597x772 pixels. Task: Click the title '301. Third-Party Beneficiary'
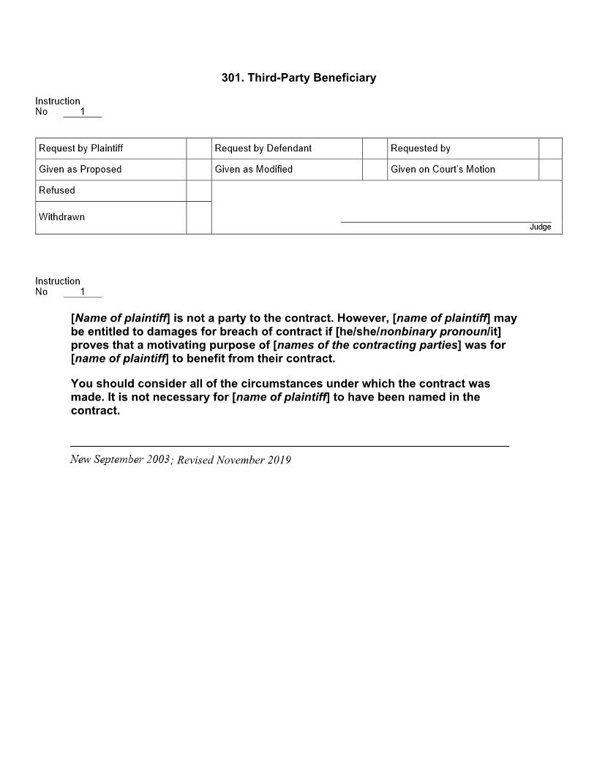pyautogui.click(x=298, y=77)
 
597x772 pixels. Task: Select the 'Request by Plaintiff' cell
pyautogui.click(x=81, y=148)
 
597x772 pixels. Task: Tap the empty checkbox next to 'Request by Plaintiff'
pyautogui.click(x=198, y=148)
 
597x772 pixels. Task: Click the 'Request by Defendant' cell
pyautogui.click(x=263, y=148)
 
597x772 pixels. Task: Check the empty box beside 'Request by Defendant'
pyautogui.click(x=375, y=148)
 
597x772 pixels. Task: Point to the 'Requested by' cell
pyautogui.click(x=421, y=148)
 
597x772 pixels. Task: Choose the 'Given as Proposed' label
pyautogui.click(x=80, y=170)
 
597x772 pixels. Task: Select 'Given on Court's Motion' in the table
pyautogui.click(x=443, y=170)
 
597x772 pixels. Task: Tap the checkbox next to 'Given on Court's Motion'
pyautogui.click(x=550, y=170)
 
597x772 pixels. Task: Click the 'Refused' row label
pyautogui.click(x=57, y=191)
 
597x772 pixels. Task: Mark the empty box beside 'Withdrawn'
pyautogui.click(x=198, y=218)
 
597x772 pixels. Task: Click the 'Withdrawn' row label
pyautogui.click(x=61, y=217)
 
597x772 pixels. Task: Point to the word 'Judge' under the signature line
pyautogui.click(x=541, y=227)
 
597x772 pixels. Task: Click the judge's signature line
pyautogui.click(x=446, y=221)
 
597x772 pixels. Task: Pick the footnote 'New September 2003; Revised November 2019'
pyautogui.click(x=181, y=460)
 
